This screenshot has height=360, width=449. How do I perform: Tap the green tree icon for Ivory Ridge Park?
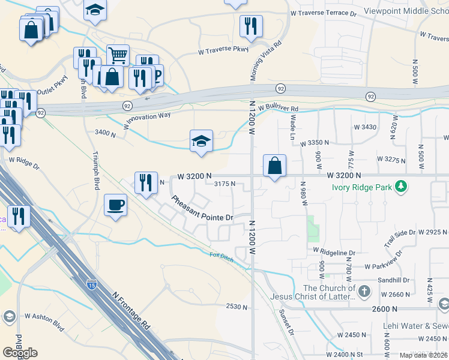(401, 187)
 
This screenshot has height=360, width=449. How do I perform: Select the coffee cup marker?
(115, 205)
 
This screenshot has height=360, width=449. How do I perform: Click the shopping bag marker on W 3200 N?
(274, 166)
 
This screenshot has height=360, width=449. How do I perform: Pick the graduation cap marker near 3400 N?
(202, 141)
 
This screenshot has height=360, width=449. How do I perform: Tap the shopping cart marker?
(118, 56)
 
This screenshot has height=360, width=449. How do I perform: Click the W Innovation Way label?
(147, 118)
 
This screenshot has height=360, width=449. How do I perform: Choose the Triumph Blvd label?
(95, 170)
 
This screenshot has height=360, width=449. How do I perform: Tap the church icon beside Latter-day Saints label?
(364, 292)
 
